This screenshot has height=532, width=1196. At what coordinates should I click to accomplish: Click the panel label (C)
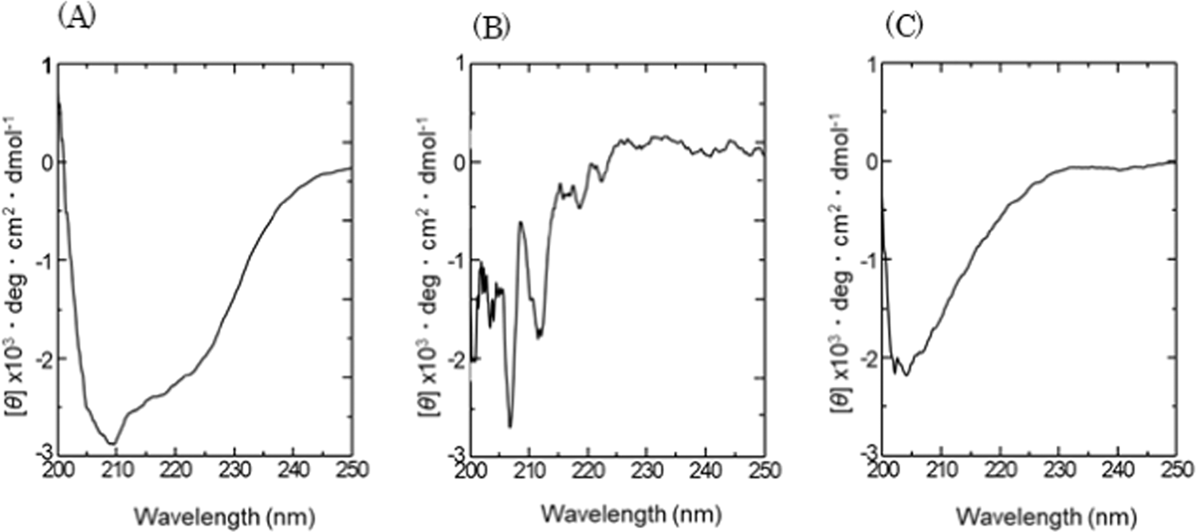coord(903,27)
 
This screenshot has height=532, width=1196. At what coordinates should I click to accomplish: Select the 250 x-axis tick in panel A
coord(351,467)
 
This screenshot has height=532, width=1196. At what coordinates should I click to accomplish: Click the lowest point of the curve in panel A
coord(113,443)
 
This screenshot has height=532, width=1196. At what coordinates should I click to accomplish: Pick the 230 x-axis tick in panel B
coord(647,468)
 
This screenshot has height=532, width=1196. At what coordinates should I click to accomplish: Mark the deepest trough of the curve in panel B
coord(510,426)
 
